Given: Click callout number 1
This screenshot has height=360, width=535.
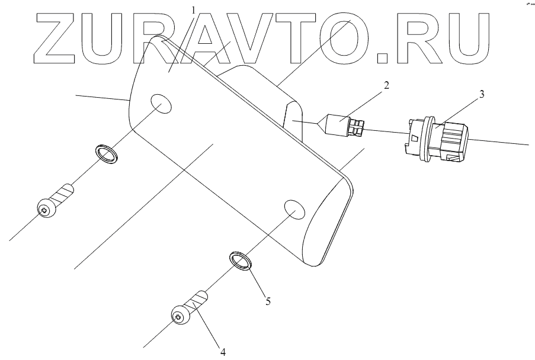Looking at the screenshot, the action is point(193,9).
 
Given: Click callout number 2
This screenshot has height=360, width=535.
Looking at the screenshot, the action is point(386,85).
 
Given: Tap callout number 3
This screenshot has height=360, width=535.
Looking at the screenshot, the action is point(482,95).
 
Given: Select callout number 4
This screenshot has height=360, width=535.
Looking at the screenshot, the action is point(223,352).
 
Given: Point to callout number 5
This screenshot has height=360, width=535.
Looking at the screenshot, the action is point(268,301).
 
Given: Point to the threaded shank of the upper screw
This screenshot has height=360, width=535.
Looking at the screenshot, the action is point(64,195).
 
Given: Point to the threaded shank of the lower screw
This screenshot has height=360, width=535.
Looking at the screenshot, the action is point(197,301).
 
